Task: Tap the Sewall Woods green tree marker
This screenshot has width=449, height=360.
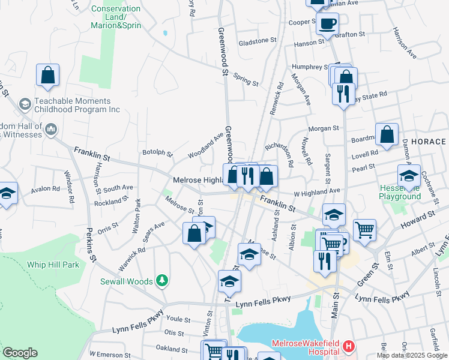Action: pyautogui.click(x=161, y=280)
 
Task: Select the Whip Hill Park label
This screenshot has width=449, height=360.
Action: pyautogui.click(x=53, y=264)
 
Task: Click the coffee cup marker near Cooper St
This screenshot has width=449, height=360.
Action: pyautogui.click(x=328, y=24)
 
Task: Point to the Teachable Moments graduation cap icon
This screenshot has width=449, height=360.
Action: pyautogui.click(x=25, y=105)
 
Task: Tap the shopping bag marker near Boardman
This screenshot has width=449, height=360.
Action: pyautogui.click(x=387, y=135)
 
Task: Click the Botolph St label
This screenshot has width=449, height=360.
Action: pyautogui.click(x=157, y=153)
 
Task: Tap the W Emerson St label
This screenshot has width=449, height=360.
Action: pyautogui.click(x=110, y=355)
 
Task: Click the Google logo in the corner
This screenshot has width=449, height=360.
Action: pyautogui.click(x=20, y=353)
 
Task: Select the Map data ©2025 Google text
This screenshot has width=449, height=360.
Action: pyautogui.click(x=411, y=355)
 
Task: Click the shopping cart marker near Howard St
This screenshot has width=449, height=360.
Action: pyautogui.click(x=364, y=230)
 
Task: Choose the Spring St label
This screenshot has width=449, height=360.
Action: pyautogui.click(x=246, y=80)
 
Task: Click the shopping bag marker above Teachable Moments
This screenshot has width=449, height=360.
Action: pyautogui.click(x=47, y=76)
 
